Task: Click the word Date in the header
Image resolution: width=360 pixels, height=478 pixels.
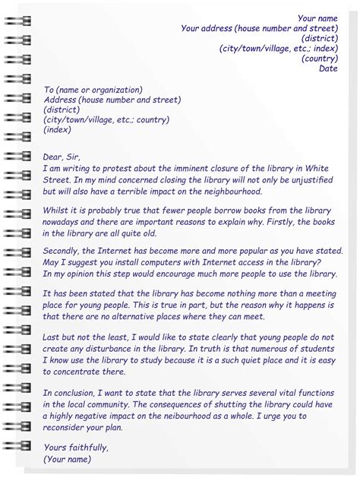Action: pyautogui.click(x=328, y=68)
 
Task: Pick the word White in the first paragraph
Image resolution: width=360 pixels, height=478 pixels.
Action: pyautogui.click(x=318, y=168)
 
